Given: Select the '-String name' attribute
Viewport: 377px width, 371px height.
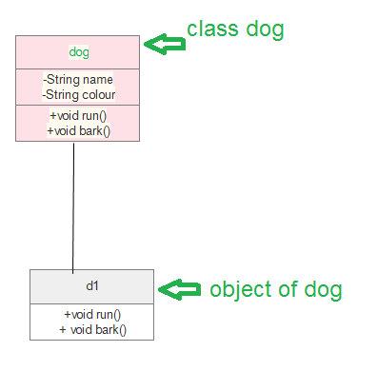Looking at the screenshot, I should tap(78, 80).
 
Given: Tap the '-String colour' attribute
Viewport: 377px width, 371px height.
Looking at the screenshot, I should tap(78, 94).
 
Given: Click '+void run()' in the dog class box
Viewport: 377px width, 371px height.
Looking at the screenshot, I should tap(78, 115).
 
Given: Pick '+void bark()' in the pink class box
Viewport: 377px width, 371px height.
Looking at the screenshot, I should tap(78, 129).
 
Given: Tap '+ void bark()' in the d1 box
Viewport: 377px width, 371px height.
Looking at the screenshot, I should tap(92, 330).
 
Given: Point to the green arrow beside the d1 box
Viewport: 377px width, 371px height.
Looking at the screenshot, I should tap(179, 288).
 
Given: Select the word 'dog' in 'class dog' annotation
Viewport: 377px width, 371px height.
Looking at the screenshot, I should tap(262, 29).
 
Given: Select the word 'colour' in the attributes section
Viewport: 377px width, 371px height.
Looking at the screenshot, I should tap(96, 94).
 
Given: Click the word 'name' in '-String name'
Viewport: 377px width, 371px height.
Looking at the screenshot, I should tap(98, 80).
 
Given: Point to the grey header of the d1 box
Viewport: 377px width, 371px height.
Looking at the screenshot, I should tap(57, 286).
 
